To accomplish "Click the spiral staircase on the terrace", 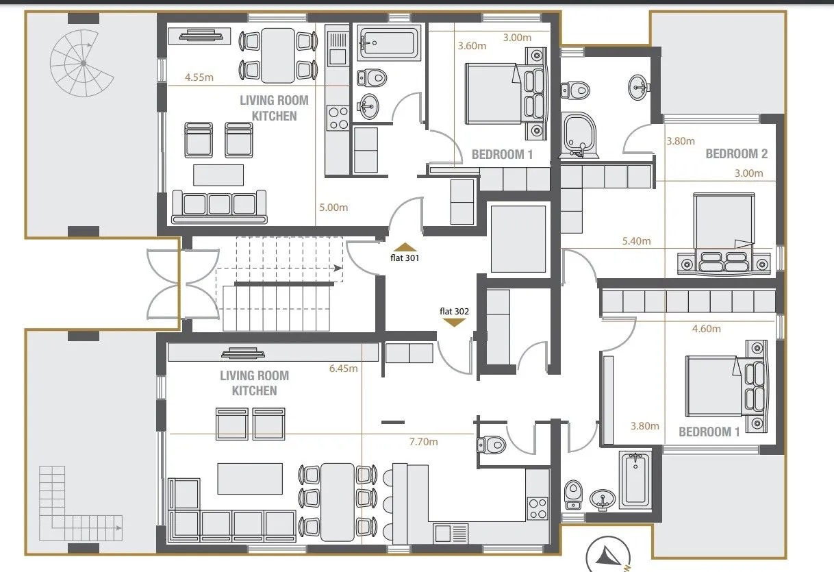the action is [x=82, y=63].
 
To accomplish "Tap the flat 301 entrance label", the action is [x=405, y=258].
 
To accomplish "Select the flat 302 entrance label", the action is [x=454, y=311].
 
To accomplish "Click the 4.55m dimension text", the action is [x=199, y=77].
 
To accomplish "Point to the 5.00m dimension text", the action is [x=333, y=208].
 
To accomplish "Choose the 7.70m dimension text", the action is [x=423, y=442].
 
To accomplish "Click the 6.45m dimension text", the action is [x=343, y=369].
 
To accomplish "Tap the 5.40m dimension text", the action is [x=637, y=241].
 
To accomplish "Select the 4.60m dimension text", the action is [x=706, y=329].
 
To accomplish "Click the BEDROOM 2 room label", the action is [x=737, y=154].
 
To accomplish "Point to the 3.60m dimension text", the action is [x=472, y=46].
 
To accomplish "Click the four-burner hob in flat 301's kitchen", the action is [x=338, y=118].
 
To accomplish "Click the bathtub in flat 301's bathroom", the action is [x=389, y=42].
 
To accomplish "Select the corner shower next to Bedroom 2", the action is [x=579, y=134].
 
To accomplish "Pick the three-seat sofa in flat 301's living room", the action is [x=219, y=207].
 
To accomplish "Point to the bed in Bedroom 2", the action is [x=724, y=234].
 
